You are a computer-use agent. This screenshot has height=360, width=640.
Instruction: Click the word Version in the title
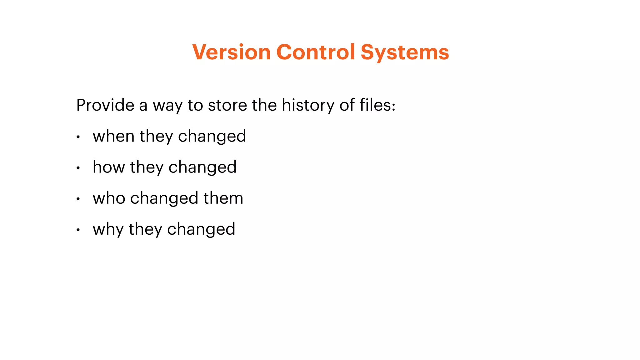coord(231,52)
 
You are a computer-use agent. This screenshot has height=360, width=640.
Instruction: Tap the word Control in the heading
coord(316,52)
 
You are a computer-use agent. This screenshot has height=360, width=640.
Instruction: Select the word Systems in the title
coord(405,52)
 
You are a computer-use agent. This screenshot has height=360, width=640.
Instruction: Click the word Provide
coord(105,105)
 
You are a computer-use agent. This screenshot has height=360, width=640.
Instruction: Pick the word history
coord(308,105)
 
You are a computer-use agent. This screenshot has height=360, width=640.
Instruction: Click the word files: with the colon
coord(377,105)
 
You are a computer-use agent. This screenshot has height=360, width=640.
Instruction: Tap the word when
coord(114,136)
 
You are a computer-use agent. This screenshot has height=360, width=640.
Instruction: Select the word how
coord(109,167)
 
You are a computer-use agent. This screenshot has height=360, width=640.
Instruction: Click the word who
coord(109,198)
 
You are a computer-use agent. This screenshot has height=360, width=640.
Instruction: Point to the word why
coord(108,229)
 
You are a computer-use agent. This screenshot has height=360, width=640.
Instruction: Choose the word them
coord(223,198)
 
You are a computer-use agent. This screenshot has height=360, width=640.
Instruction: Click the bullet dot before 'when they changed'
coord(78,137)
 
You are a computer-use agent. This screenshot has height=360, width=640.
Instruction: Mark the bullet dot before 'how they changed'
coord(78,168)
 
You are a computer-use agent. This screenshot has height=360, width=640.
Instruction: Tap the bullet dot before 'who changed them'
coord(78,199)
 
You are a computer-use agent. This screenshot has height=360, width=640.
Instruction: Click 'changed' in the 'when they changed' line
coord(212,136)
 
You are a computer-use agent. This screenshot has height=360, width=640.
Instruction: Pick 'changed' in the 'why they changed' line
coord(201,229)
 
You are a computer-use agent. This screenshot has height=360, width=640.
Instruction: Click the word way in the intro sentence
coord(167,106)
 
